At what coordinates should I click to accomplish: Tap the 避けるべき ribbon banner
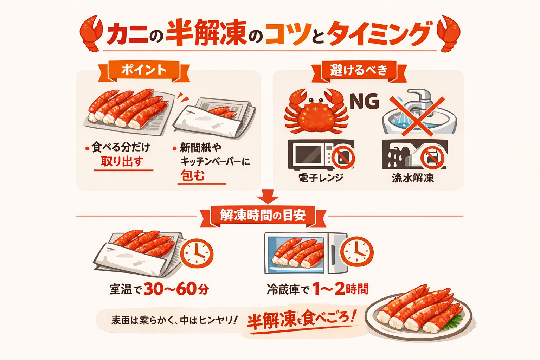[359, 70]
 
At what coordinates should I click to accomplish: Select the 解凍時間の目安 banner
[263, 215]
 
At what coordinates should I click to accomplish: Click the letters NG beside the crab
[364, 101]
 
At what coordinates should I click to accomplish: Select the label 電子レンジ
[321, 178]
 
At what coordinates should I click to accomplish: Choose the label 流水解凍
[413, 178]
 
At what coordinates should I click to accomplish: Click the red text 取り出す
[122, 162]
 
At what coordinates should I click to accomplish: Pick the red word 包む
[192, 175]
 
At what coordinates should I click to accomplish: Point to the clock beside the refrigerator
[358, 252]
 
